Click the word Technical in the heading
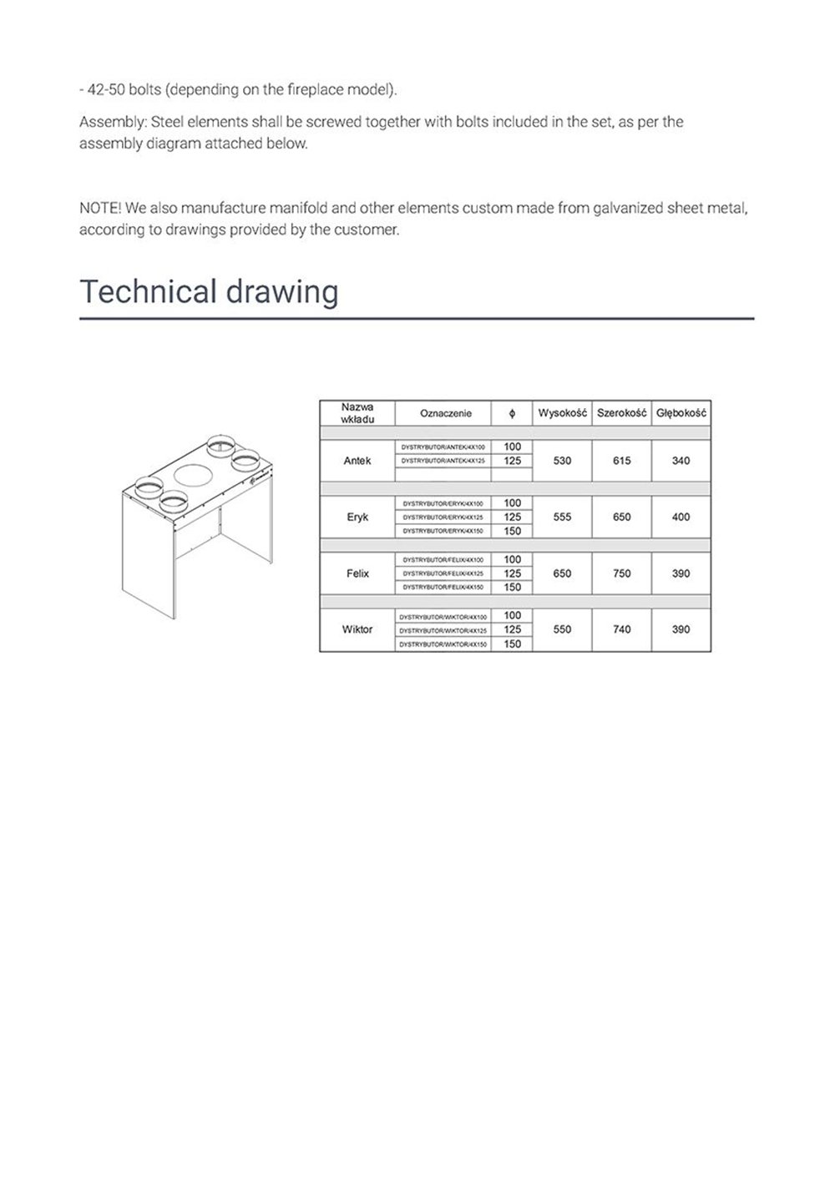point(142,292)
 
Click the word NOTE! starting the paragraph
point(99,208)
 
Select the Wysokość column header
point(562,413)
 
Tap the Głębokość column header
point(681,413)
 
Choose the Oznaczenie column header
point(446,413)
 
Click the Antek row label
point(357,461)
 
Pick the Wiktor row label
point(357,629)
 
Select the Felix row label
point(357,573)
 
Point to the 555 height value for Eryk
point(562,517)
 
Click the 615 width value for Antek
point(622,461)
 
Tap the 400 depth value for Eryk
point(681,517)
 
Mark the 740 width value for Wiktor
point(622,629)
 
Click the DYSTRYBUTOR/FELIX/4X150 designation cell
point(443,588)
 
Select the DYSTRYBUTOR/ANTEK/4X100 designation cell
point(443,447)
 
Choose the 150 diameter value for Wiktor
point(513,644)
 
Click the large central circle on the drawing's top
point(193,476)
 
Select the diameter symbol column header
point(513,413)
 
